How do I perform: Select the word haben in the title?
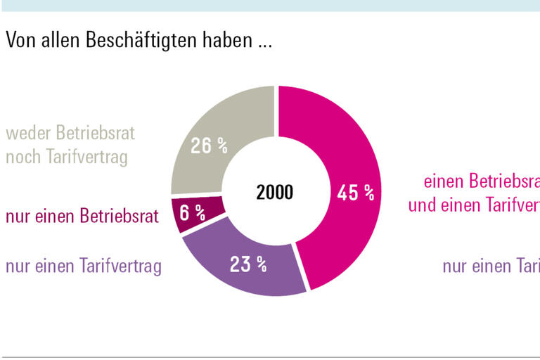click(x=222, y=40)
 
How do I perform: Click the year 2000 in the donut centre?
click(x=275, y=193)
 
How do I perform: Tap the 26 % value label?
click(x=210, y=146)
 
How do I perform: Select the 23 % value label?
click(x=248, y=264)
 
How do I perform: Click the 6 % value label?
click(x=192, y=212)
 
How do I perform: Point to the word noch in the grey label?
click(x=22, y=156)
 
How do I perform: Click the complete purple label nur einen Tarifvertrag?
click(x=84, y=266)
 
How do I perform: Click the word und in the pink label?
click(x=423, y=205)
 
